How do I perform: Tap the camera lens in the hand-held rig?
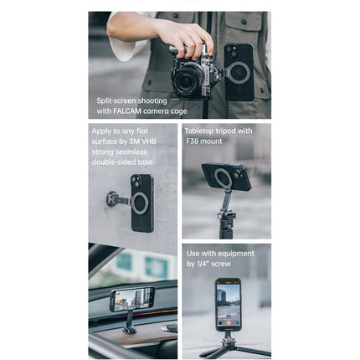pyautogui.click(x=188, y=77)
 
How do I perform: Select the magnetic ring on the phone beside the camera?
pyautogui.click(x=238, y=73)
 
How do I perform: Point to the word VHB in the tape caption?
pyautogui.click(x=149, y=141)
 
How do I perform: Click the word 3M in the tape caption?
pyautogui.click(x=134, y=141)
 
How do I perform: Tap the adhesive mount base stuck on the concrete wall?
pyautogui.click(x=112, y=198)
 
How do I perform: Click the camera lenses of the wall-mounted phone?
pyautogui.click(x=136, y=181)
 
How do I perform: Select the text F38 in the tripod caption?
pyautogui.click(x=192, y=141)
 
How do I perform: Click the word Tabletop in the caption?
pyautogui.click(x=198, y=131)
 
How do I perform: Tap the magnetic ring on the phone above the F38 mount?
pyautogui.click(x=224, y=178)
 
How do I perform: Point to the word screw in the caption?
pyautogui.click(x=221, y=264)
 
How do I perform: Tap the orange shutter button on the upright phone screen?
pyautogui.click(x=229, y=323)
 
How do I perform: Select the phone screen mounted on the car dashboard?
pyautogui.click(x=132, y=299)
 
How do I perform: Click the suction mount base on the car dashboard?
pyautogui.click(x=129, y=329)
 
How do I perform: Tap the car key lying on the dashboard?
pyautogui.click(x=169, y=328)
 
